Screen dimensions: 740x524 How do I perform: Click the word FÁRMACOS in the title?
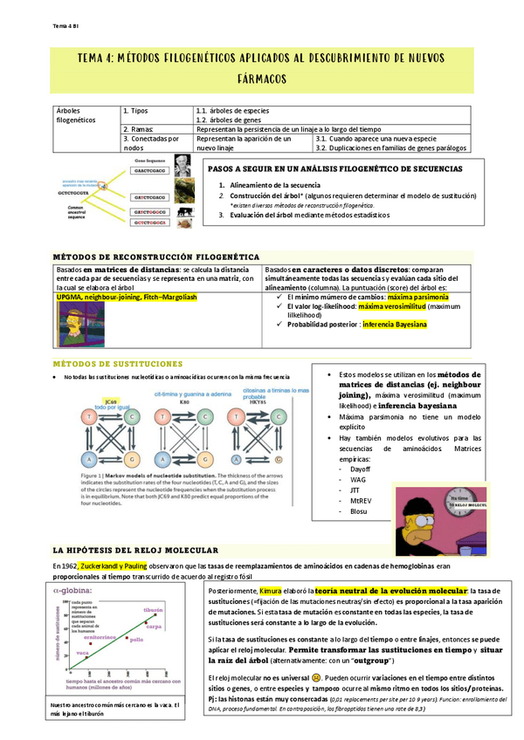pos(262,79)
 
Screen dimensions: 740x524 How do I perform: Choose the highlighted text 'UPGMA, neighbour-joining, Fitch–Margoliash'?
pos(127,297)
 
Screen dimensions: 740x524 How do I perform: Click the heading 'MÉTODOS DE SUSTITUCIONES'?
pos(118,363)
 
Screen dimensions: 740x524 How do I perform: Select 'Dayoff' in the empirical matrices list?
pos(359,469)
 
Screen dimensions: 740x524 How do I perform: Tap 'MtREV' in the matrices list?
pos(361,501)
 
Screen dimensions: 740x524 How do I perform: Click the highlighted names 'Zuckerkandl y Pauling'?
pos(112,565)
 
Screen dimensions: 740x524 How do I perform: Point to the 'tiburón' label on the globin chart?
pos(154,609)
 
